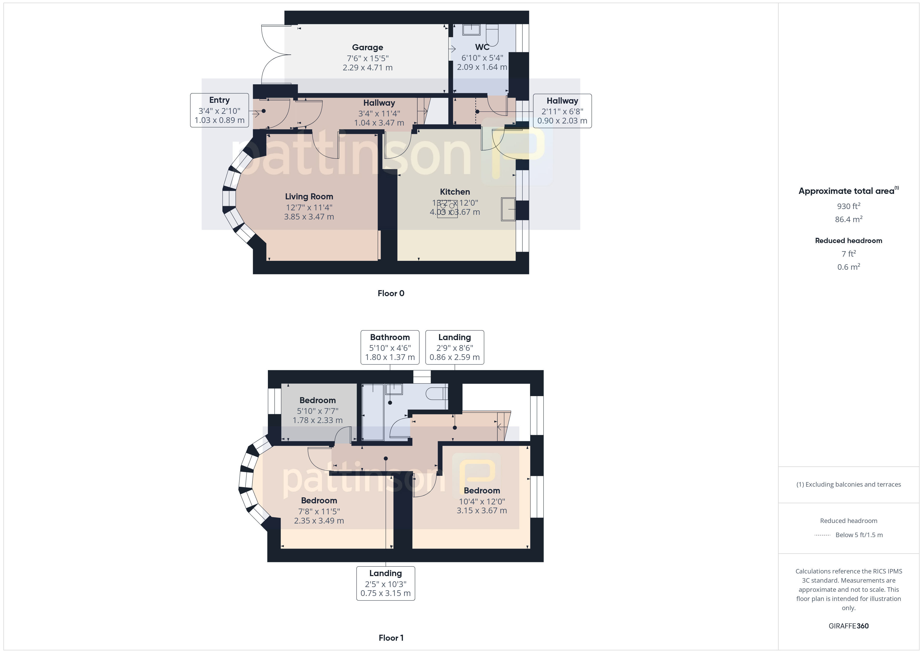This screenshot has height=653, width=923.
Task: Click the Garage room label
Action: (x=367, y=47)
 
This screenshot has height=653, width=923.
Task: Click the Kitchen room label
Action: (x=455, y=192)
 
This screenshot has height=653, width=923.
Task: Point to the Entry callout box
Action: (x=220, y=110)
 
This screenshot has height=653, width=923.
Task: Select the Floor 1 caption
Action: (x=391, y=638)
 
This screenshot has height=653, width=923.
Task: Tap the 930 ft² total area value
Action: (x=849, y=206)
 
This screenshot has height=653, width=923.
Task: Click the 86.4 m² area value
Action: (x=849, y=219)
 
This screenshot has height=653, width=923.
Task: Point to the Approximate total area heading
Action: (x=848, y=191)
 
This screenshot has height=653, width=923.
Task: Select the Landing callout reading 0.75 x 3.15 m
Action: (x=386, y=583)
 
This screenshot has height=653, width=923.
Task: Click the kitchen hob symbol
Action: (x=447, y=210)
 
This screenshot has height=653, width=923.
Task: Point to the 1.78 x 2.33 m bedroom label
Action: (x=318, y=410)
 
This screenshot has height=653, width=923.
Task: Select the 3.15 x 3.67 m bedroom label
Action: (x=482, y=500)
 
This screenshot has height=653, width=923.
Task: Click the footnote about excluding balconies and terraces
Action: (x=849, y=485)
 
